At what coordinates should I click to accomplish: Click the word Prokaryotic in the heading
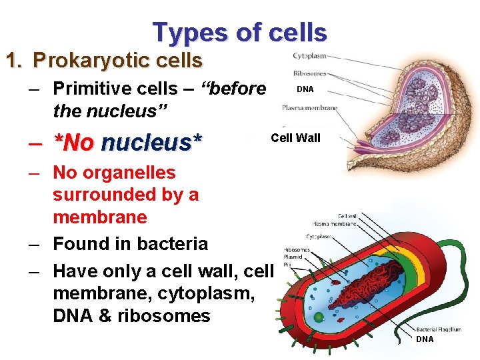pos(83,61)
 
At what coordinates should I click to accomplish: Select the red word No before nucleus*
pos(74,142)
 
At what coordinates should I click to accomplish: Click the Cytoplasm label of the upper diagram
pos(309,55)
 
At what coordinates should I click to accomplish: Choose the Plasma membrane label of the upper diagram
pos(309,107)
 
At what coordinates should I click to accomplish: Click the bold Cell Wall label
pos(295,138)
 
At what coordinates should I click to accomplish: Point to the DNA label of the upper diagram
pos(305,89)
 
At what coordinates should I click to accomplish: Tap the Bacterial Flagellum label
pos(438,329)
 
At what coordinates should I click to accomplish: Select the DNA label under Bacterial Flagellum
pos(425,339)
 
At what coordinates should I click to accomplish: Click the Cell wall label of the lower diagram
pos(347,216)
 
